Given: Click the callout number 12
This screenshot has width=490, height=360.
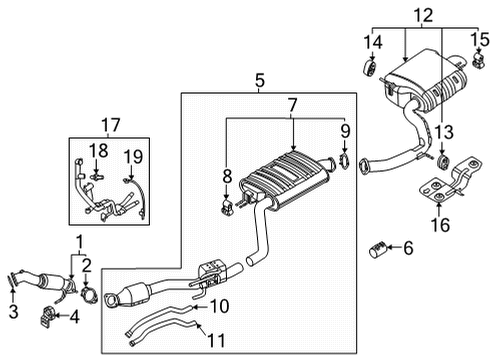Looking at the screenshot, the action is tap(423, 16).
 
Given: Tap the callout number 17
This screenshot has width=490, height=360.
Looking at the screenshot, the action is tap(111, 125).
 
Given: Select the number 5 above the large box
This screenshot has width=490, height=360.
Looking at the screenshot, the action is tap(260, 81).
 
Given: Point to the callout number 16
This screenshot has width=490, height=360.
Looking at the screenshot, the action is tap(440, 224).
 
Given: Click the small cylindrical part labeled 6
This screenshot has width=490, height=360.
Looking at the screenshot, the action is tap(378, 249).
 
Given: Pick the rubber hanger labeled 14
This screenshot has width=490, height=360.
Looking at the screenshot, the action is tap(369, 68).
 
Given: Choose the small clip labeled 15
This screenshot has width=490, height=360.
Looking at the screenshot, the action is tap(479, 60).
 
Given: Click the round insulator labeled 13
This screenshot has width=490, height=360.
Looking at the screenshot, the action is tap(442, 162).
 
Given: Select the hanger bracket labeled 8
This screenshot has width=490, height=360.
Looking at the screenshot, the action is tap(227, 206).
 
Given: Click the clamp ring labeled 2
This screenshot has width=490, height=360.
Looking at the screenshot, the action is tap(89, 295).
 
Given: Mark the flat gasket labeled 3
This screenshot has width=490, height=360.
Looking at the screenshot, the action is tap(12, 280).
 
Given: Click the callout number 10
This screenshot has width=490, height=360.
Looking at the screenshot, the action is tap(219, 306).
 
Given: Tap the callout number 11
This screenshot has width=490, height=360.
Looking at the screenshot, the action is tap(216, 340).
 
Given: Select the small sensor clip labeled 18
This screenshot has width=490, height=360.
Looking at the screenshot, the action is tap(96, 176).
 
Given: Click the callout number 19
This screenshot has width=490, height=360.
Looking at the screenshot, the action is tap(133, 157).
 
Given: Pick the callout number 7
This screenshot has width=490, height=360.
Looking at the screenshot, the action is tap(292, 105).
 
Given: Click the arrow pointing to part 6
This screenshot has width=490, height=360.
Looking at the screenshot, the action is tap(394, 247).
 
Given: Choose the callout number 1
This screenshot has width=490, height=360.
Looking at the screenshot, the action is tap(79, 242).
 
